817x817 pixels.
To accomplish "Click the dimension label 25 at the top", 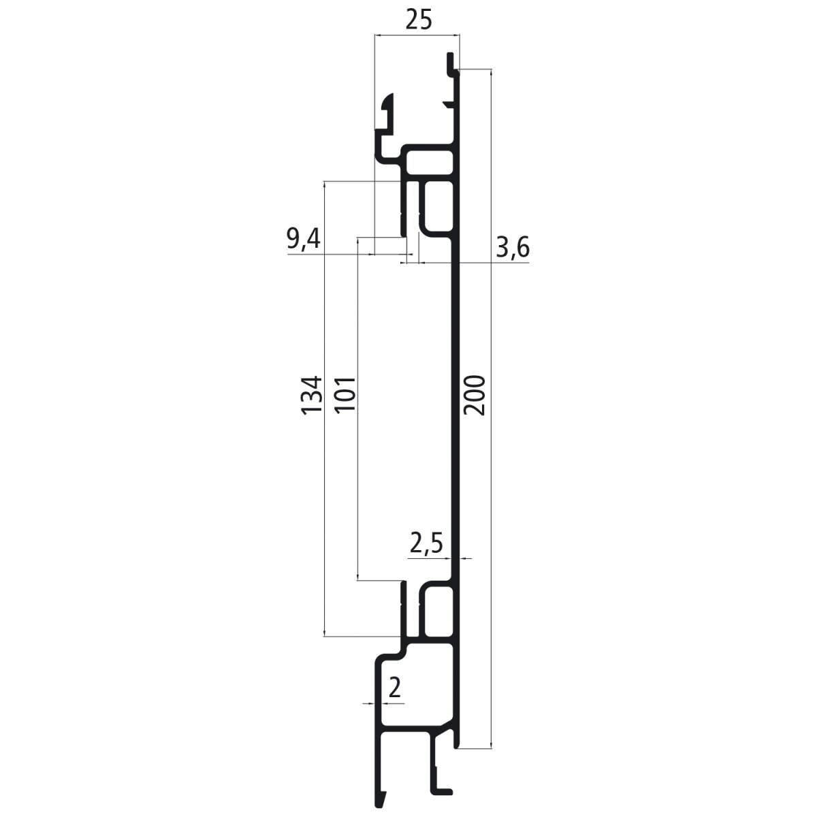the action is [x=419, y=20].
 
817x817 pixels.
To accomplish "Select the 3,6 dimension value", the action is [x=513, y=248].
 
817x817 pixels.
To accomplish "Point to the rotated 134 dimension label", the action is [x=312, y=395].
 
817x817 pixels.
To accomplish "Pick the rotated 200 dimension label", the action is [x=474, y=395].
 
